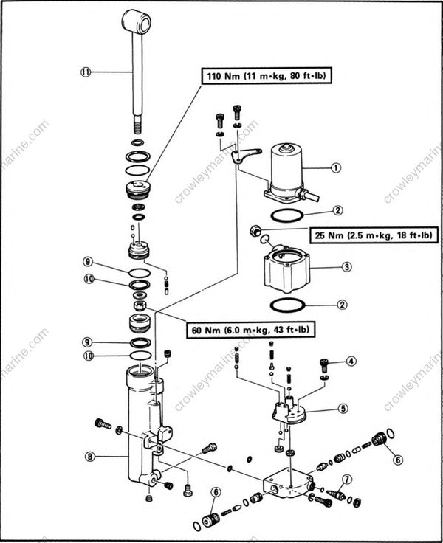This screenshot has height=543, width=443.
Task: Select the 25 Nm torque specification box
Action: click(x=373, y=235)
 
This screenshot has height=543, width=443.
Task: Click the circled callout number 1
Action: click(x=337, y=167)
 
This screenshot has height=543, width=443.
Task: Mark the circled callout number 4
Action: click(x=351, y=362)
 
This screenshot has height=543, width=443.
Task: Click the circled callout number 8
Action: click(x=89, y=457)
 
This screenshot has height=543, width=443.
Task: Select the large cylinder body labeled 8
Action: click(x=140, y=428)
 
